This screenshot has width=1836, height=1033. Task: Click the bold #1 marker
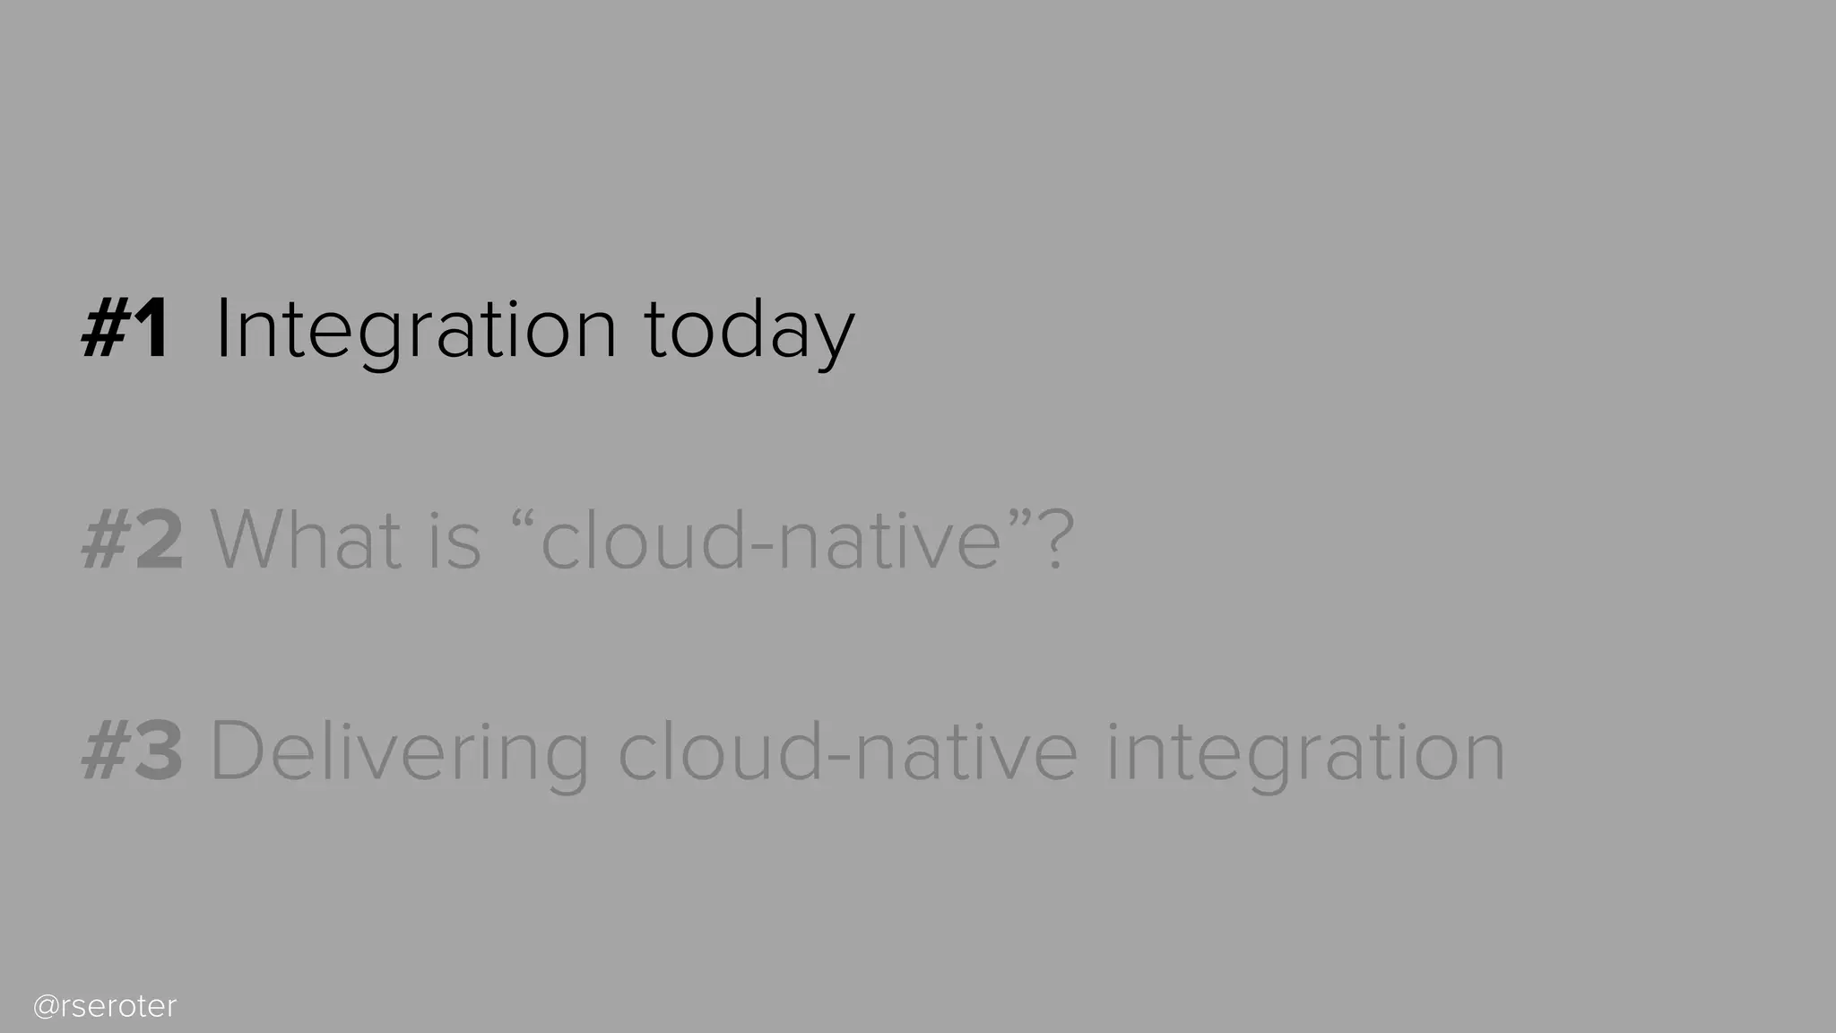(x=125, y=331)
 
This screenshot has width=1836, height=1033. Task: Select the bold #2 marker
(x=133, y=541)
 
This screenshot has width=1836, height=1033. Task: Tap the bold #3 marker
(x=133, y=751)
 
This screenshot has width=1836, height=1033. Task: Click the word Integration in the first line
(x=416, y=331)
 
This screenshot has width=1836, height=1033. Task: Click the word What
(x=306, y=541)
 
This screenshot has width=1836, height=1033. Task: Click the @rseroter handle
(x=105, y=1007)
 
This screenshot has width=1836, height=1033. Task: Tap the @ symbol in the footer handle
(x=46, y=1007)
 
